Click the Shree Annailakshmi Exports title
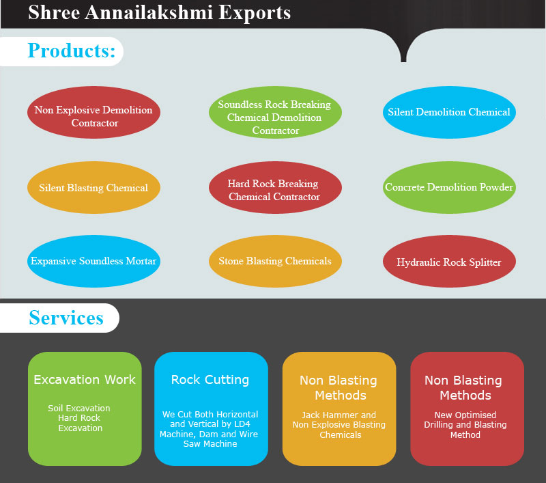tap(159, 12)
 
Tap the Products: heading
tap(71, 51)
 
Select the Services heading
tap(66, 318)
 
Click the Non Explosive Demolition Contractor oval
tap(94, 117)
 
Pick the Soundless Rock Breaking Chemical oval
tap(274, 117)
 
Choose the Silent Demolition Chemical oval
tap(448, 112)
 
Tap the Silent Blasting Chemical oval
tap(94, 188)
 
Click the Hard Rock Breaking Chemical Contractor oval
tap(274, 190)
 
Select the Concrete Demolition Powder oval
tap(448, 187)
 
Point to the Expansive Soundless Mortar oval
tap(94, 261)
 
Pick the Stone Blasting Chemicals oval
tap(274, 261)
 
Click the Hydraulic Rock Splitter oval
tap(448, 262)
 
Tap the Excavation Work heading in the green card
tap(85, 380)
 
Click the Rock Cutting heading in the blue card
tap(210, 380)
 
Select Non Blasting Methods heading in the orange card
tap(339, 387)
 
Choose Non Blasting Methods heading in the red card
tap(464, 387)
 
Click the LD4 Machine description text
tap(210, 429)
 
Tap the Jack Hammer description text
tap(339, 425)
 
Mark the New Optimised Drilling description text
tap(465, 425)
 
